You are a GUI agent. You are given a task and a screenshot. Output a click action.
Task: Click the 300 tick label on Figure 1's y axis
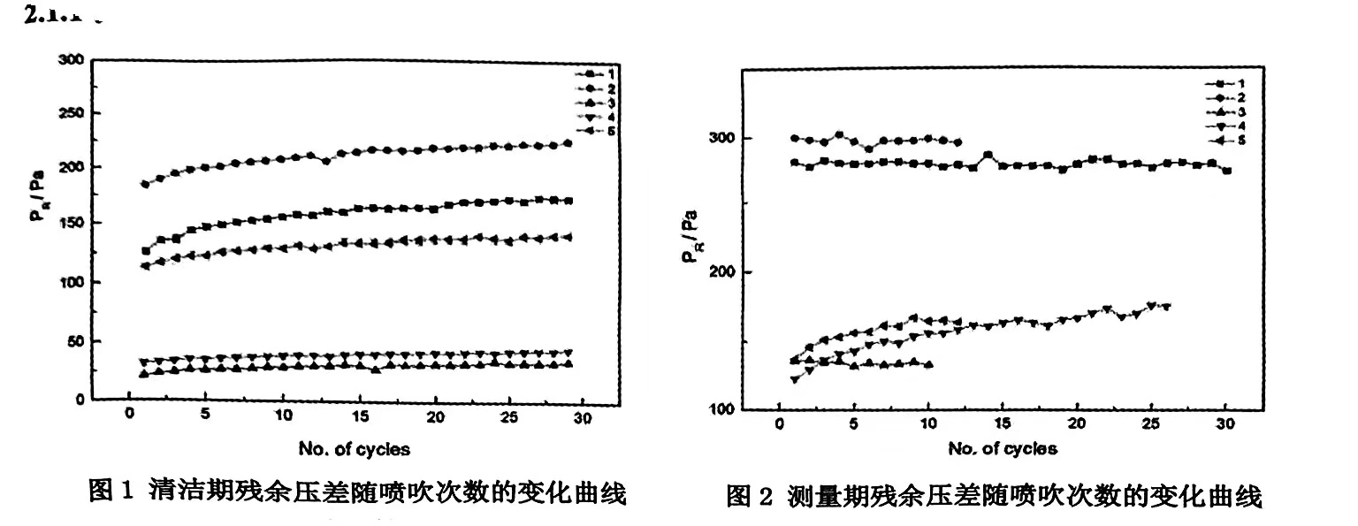[x=71, y=60]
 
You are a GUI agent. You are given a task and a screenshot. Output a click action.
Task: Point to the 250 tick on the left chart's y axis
[x=71, y=114]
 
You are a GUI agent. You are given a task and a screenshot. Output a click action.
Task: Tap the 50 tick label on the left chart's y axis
[x=75, y=341]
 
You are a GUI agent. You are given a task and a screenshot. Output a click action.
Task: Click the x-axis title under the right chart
[x=1003, y=449]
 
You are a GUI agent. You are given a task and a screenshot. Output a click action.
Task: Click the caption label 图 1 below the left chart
[x=111, y=491]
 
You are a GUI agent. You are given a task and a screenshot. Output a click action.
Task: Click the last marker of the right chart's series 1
[x=1226, y=171]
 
